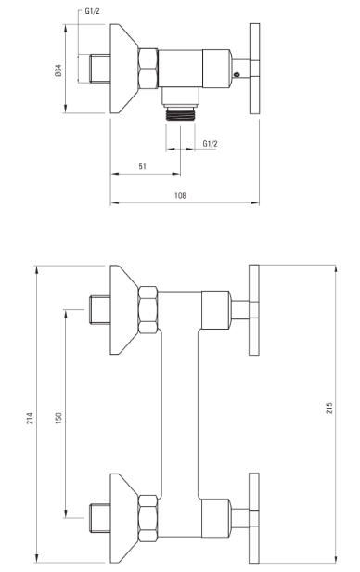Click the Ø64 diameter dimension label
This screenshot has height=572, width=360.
coord(58,71)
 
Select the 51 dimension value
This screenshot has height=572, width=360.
coord(143,166)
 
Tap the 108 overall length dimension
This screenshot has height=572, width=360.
coord(180,196)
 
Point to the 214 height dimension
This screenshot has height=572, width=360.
coord(30,418)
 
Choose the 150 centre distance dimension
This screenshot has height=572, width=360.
coord(58,418)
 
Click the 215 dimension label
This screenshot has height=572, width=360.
coord(329,408)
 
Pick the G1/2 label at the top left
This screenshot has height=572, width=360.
coord(92,11)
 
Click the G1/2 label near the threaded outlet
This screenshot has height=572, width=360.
coord(210,144)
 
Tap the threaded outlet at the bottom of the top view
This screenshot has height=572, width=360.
coord(181,113)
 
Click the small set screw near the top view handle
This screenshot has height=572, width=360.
coord(237,75)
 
